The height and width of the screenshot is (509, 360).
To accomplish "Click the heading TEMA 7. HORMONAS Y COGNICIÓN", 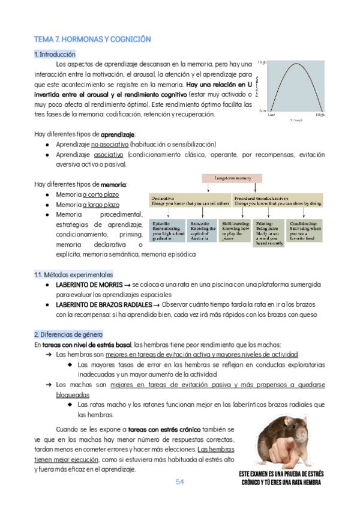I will click(92, 39).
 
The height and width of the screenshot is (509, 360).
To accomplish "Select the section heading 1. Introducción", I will click(55, 54).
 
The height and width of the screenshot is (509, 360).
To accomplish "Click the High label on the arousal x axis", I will click(320, 114).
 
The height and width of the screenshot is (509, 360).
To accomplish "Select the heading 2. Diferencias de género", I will click(68, 334).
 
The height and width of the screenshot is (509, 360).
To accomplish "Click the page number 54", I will click(180, 482).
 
